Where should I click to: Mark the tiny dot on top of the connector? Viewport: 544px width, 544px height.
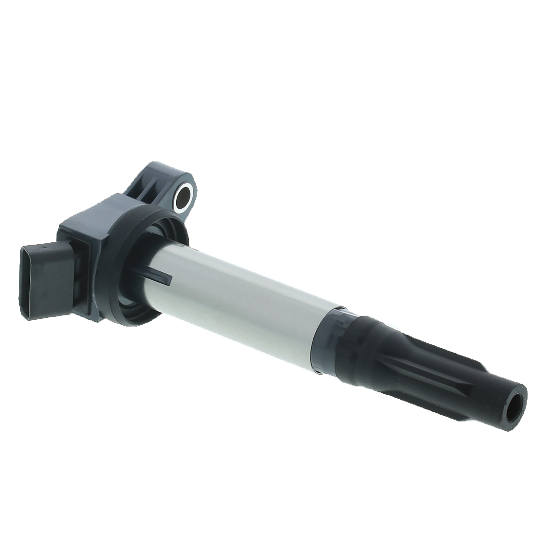[x=44, y=248]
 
